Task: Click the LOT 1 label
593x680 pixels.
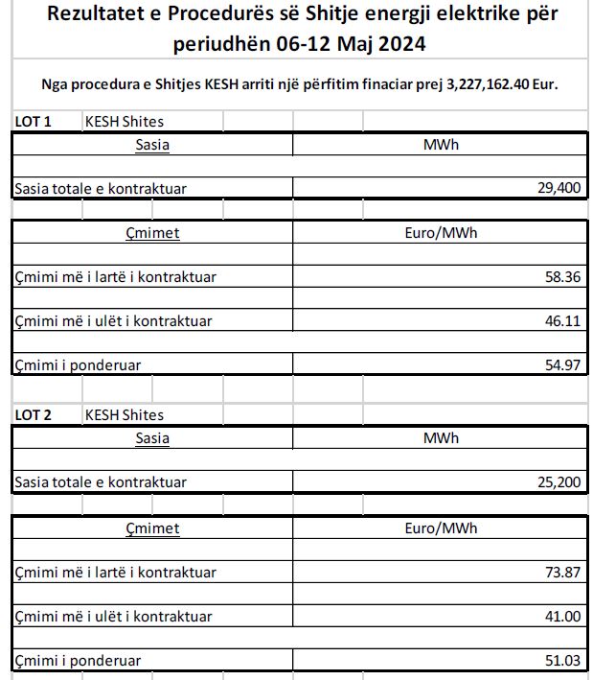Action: coord(34,122)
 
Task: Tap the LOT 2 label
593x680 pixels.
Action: coord(34,415)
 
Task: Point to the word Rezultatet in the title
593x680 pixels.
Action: coord(101,13)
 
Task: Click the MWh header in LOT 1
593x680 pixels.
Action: coord(441,145)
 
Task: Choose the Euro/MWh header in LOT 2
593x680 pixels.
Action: coord(441,528)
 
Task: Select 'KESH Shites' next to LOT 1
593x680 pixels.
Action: coord(125,122)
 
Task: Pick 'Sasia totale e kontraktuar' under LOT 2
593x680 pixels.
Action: coord(101,481)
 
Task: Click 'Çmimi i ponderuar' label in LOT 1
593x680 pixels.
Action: coord(78,365)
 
